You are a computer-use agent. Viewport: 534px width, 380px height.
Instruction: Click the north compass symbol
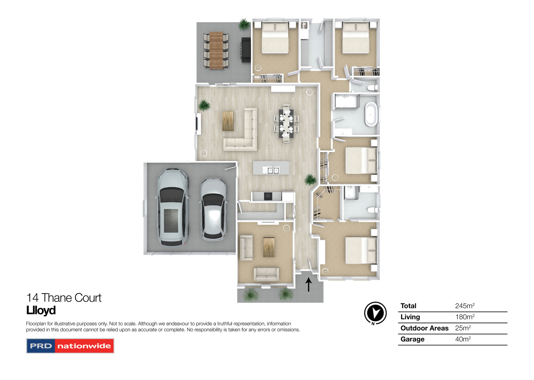(x=375, y=313)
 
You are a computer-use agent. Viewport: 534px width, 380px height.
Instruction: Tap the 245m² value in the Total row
(x=464, y=306)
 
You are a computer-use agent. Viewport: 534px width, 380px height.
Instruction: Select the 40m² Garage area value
(x=463, y=339)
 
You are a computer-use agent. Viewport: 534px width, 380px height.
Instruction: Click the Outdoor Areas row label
(x=424, y=328)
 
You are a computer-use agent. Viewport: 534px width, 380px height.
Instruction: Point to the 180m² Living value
(x=464, y=317)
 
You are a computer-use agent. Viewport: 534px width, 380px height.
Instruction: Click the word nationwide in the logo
(x=84, y=346)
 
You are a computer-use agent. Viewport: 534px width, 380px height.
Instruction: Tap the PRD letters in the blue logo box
(x=41, y=346)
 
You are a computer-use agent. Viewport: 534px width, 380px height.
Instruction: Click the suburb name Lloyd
(x=41, y=310)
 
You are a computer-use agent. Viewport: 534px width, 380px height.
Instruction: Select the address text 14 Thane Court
(x=64, y=298)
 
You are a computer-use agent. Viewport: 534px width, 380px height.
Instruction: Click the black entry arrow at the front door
(x=308, y=284)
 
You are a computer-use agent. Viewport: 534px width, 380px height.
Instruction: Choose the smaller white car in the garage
(x=213, y=209)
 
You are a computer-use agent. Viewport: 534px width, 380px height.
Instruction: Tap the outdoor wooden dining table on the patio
(x=216, y=50)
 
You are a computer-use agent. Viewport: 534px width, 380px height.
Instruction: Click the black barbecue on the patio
(x=246, y=50)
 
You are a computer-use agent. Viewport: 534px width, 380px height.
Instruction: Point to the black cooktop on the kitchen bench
(x=268, y=196)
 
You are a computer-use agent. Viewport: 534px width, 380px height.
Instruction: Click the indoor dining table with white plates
(x=286, y=124)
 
